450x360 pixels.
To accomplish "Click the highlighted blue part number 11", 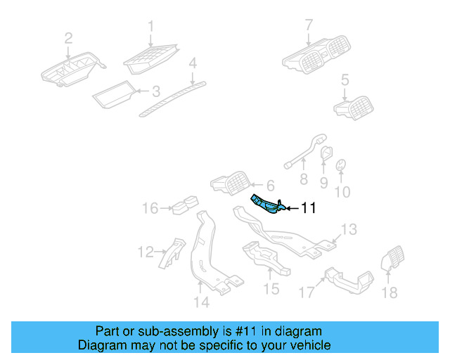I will click(266, 204).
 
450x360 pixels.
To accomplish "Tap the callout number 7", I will click(308, 26).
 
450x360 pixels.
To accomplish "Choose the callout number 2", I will click(68, 38).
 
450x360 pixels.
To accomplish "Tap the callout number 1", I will click(150, 27).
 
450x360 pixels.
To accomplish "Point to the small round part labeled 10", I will click(340, 165).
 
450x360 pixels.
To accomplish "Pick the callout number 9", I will click(323, 183).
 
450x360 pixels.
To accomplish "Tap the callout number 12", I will click(145, 251).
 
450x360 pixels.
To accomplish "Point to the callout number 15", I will click(271, 288).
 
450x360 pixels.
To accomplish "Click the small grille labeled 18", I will click(391, 260).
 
